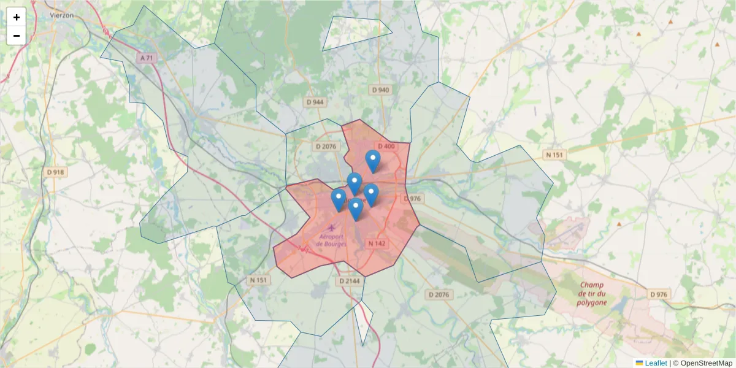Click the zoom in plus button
coord(17,17)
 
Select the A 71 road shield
coord(146,58)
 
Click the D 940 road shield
coord(380,90)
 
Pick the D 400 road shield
coord(386,147)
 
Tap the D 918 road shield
coord(55,172)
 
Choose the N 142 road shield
coord(377,243)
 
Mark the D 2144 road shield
coord(349,281)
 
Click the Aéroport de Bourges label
coord(331,240)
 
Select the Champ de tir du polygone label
coord(592,293)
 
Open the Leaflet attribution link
coord(655,363)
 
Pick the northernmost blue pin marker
coord(372,161)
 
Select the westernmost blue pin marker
coord(338,199)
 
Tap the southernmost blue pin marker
coord(356,209)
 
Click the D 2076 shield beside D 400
coord(326,147)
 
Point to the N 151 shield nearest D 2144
coord(259,280)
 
